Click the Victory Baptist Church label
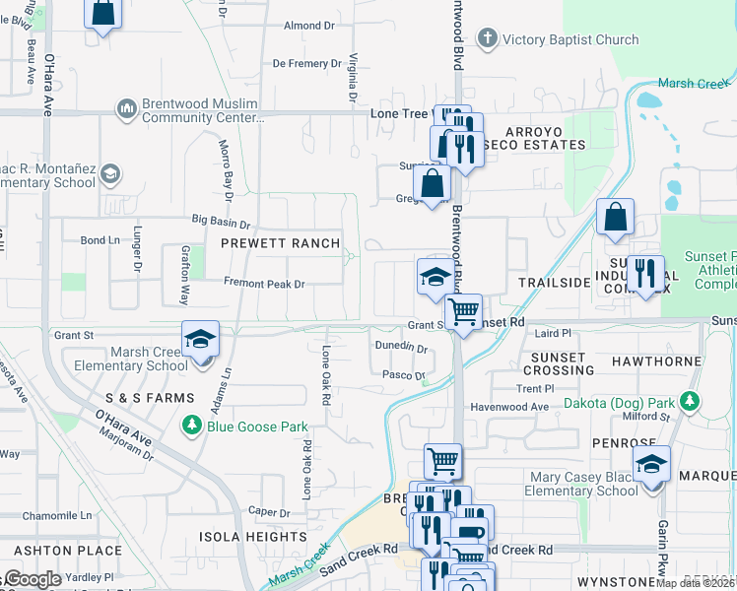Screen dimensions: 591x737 570,39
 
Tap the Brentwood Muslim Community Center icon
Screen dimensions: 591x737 125,106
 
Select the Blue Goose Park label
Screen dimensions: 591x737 256,427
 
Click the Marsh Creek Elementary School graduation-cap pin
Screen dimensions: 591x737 200,340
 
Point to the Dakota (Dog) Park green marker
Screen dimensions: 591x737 691,402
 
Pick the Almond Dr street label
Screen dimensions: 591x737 309,26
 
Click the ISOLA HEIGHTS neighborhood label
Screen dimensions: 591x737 253,537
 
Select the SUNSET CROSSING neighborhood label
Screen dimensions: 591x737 563,363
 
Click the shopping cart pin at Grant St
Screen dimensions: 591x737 462,311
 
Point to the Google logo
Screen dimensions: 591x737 32,579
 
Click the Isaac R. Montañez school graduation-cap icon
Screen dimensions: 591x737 111,174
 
